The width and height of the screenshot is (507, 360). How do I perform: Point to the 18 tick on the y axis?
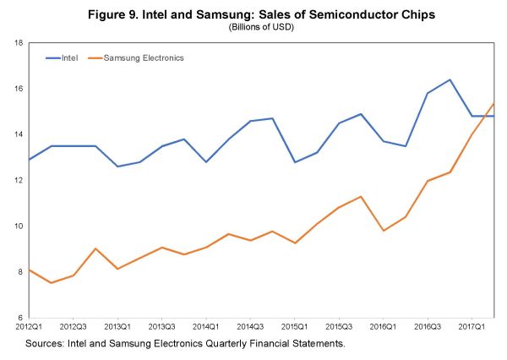click(17, 43)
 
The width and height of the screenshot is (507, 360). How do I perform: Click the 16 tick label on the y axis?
click(17, 89)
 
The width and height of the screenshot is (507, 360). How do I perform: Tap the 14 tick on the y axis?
click(17, 134)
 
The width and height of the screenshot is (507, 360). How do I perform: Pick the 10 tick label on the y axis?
click(17, 226)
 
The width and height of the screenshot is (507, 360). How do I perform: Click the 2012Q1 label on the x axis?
click(30, 325)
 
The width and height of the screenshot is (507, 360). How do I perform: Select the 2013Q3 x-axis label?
click(161, 325)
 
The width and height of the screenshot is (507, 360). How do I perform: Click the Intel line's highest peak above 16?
click(450, 79)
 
